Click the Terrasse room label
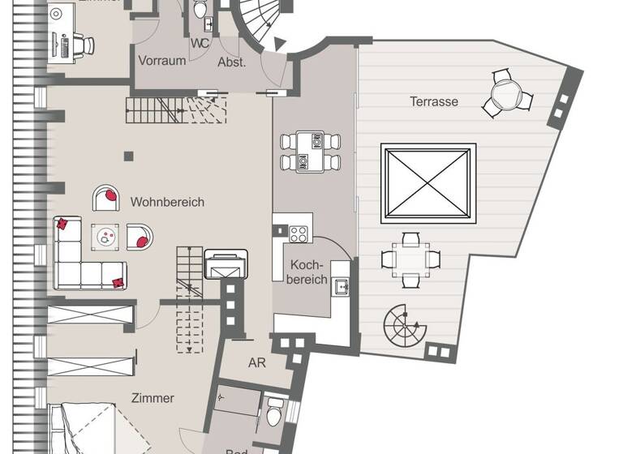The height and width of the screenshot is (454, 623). [x=434, y=102]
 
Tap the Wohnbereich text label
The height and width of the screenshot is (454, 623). [x=167, y=202]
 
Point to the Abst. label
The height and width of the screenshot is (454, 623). [x=231, y=62]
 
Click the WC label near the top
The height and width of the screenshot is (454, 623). [x=200, y=44]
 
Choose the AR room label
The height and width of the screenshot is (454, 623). [x=257, y=363]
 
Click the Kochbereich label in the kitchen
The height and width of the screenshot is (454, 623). [x=308, y=272]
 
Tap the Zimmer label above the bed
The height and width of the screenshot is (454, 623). [x=153, y=398]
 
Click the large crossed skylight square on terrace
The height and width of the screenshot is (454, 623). [x=428, y=185]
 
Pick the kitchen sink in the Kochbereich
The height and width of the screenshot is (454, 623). [x=342, y=285]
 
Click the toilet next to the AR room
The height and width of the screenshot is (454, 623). [x=275, y=411]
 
